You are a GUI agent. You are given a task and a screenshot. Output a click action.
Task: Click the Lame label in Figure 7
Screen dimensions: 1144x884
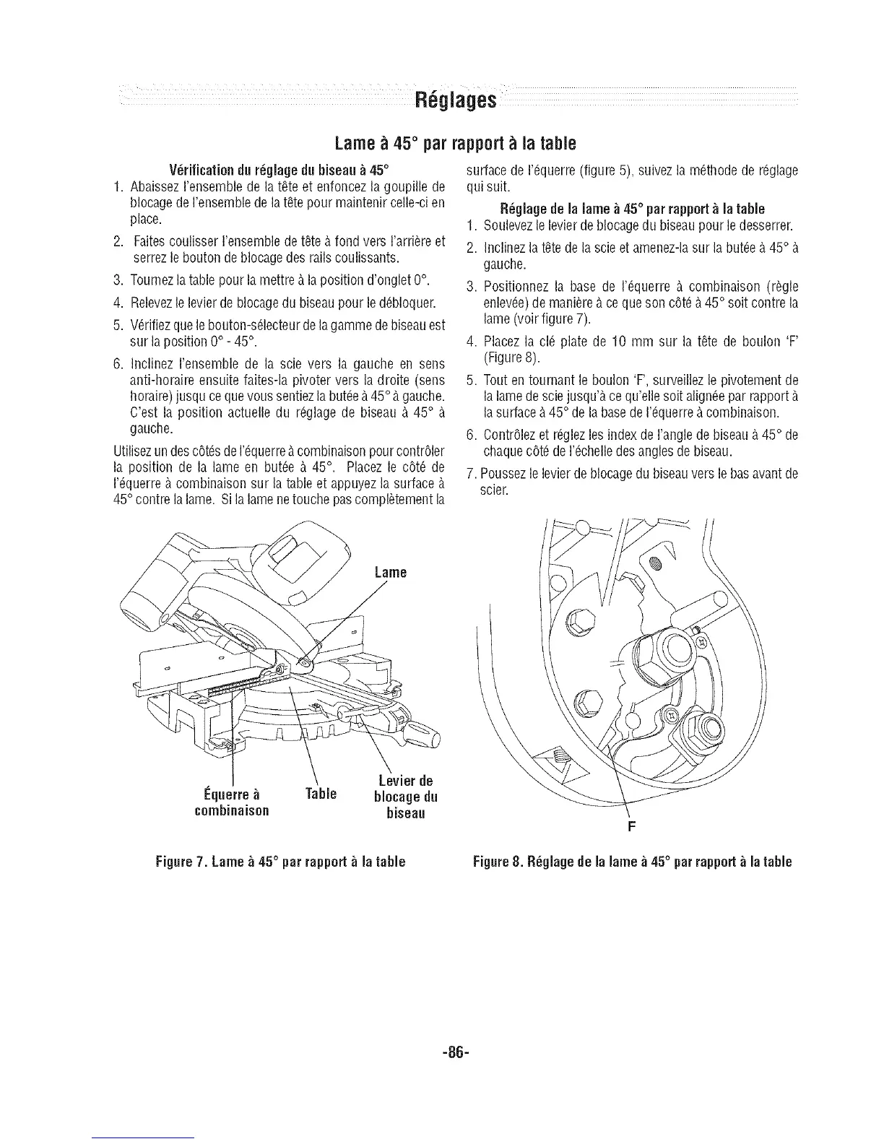point(391,573)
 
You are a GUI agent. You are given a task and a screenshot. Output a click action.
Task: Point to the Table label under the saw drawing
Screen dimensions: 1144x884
point(321,794)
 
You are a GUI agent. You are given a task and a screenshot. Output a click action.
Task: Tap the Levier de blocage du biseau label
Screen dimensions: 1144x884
point(405,797)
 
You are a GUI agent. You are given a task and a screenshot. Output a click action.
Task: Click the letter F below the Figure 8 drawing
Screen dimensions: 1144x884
point(629,828)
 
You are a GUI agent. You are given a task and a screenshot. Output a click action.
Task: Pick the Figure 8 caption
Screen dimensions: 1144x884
point(632,862)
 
